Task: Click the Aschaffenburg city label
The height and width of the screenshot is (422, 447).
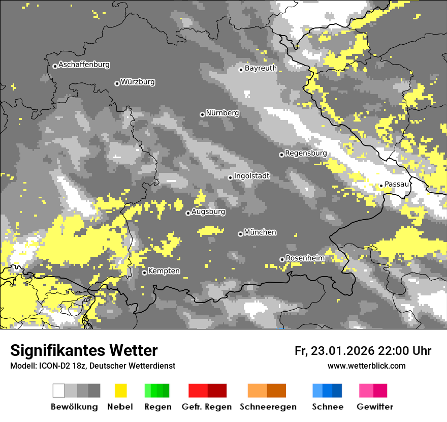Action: click(84, 65)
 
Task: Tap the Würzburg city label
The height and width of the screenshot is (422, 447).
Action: click(138, 82)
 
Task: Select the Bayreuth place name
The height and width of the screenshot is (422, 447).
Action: click(261, 68)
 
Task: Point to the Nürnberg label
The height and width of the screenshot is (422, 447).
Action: click(222, 113)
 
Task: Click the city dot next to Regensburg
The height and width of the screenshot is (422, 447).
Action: click(281, 155)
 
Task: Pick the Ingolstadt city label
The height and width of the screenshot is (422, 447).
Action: click(252, 176)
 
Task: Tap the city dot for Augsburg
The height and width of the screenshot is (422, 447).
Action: click(188, 214)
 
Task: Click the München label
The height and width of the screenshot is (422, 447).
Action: click(260, 232)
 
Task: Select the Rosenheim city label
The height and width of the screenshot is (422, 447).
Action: click(305, 258)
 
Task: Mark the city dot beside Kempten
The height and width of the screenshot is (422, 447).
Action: click(144, 273)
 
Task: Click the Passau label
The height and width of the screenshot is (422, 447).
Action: click(397, 184)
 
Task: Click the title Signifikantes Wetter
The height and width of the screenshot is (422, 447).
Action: click(84, 351)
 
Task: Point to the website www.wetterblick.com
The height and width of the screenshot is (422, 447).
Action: click(366, 366)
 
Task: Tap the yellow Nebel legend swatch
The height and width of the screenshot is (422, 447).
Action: click(120, 390)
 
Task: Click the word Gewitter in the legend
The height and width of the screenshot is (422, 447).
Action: click(375, 407)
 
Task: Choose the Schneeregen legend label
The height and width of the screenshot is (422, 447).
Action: click(268, 407)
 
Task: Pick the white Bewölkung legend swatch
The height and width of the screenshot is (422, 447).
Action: click(59, 390)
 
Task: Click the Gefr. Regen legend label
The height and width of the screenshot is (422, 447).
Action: click(206, 407)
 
